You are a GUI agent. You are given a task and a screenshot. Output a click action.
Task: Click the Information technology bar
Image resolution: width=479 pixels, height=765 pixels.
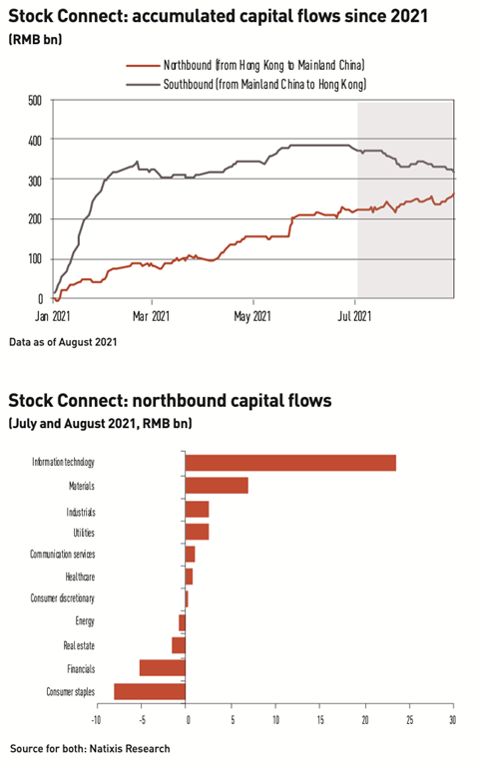[290, 463]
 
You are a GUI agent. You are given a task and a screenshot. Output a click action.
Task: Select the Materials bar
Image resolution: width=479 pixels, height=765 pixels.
[217, 486]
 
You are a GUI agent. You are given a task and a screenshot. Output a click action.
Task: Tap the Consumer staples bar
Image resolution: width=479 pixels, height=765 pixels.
[150, 691]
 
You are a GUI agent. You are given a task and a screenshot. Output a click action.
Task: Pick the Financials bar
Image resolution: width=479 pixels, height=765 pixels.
[163, 668]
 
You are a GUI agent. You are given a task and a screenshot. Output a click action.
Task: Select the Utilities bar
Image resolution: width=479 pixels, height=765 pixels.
[198, 532]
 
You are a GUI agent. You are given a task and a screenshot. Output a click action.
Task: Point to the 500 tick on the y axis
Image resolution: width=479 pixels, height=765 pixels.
[34, 100]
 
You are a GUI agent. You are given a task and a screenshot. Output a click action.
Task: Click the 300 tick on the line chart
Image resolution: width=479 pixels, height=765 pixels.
[34, 180]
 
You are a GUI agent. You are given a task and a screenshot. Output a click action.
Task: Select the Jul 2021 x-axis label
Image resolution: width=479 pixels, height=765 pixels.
[356, 317]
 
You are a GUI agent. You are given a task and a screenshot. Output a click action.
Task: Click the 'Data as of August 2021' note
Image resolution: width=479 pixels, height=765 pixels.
[63, 343]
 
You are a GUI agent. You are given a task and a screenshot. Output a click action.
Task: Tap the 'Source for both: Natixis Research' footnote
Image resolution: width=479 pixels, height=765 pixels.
[90, 748]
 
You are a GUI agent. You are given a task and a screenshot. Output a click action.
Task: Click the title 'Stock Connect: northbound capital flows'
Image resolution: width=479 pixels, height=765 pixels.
[170, 402]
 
